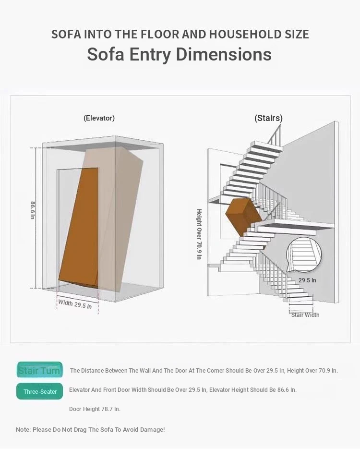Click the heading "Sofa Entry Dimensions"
coord(179,54)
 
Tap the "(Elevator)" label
coord(99,118)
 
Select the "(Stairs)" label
coord(268,118)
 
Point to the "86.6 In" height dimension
coord(33,210)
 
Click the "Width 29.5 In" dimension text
coord(75,304)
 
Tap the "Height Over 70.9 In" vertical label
coord(199,234)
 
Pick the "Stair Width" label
coord(305,315)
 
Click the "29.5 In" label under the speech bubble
coord(307,280)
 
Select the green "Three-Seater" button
coord(40,391)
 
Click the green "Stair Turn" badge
coord(40,370)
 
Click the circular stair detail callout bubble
coord(303,255)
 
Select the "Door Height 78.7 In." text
coord(95,409)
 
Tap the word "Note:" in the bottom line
coord(23,429)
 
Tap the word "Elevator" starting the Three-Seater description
coord(79,390)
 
